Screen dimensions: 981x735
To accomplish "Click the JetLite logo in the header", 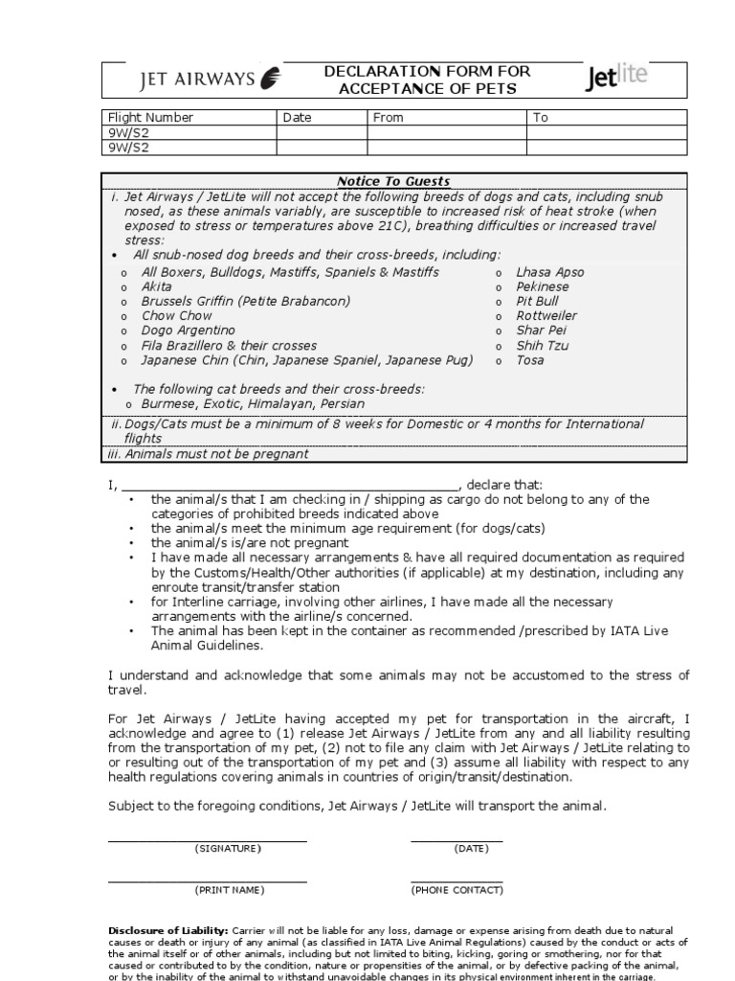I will click(615, 79).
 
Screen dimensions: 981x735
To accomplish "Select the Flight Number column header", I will click(150, 118).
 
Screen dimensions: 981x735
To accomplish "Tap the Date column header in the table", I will click(297, 118).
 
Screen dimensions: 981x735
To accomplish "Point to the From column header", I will click(389, 118).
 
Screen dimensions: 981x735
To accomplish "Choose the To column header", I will click(541, 118).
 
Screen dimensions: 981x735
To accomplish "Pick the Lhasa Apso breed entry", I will click(549, 272).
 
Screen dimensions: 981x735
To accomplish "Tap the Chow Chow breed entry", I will click(177, 316).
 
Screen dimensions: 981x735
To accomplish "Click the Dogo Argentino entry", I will click(188, 331).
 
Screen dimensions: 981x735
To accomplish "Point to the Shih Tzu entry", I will click(543, 346).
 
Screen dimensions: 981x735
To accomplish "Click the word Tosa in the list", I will click(530, 360).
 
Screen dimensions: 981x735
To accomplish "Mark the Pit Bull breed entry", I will click(537, 302).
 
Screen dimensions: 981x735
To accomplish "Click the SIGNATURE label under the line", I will click(228, 849).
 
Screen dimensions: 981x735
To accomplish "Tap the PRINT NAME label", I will click(230, 890).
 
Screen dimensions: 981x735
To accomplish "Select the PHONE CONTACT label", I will click(457, 890).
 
